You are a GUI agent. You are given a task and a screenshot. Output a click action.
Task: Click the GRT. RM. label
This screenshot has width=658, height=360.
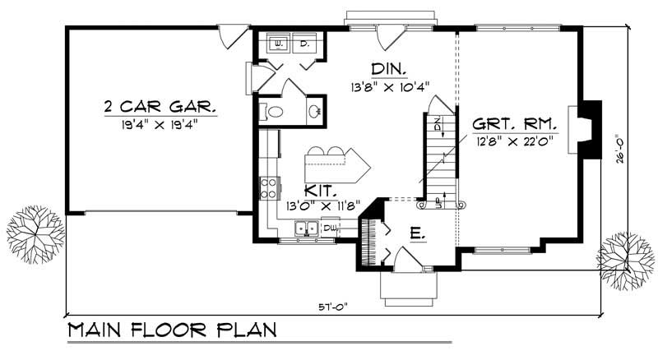tap(515, 125)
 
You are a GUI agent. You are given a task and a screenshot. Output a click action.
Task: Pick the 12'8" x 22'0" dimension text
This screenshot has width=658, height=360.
tap(514, 141)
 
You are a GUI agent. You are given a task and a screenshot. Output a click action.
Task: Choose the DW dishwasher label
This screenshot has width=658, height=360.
tap(329, 227)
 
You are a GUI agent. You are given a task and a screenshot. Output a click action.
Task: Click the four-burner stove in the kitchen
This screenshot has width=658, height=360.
tap(270, 188)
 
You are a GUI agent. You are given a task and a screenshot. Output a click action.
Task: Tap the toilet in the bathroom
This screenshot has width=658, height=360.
tap(275, 112)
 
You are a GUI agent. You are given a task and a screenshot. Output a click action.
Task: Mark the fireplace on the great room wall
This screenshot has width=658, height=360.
tap(589, 126)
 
